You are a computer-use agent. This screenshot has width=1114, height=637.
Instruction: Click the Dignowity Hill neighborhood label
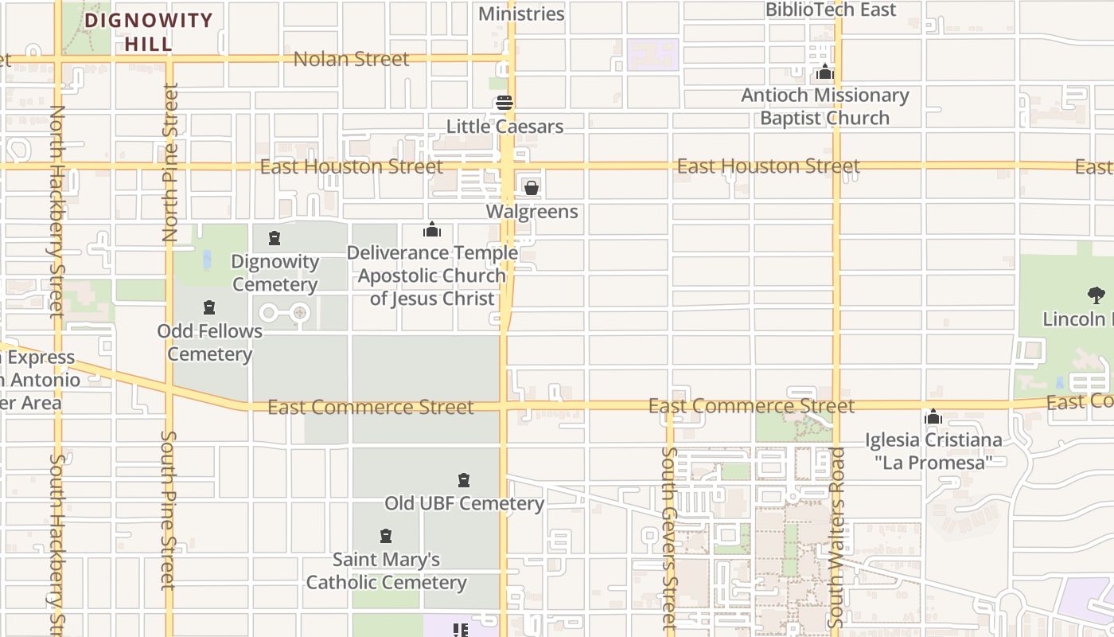pyautogui.click(x=148, y=32)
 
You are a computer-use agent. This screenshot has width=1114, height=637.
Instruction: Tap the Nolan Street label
pyautogui.click(x=351, y=59)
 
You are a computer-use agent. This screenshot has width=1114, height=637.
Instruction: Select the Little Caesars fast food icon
pyautogui.click(x=504, y=103)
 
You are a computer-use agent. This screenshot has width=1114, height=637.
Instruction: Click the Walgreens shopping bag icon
pyautogui.click(x=532, y=188)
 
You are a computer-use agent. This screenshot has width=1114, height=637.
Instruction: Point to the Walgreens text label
pyautogui.click(x=532, y=212)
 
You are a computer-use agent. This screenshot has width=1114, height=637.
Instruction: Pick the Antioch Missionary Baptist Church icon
pyautogui.click(x=825, y=72)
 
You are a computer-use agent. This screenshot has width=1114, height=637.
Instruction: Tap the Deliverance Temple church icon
pyautogui.click(x=432, y=230)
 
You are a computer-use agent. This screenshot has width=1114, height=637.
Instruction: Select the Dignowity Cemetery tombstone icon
pyautogui.click(x=275, y=238)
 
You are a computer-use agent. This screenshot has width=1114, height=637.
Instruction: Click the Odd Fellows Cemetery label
pyautogui.click(x=209, y=342)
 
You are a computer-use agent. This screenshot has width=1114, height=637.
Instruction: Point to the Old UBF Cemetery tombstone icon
pyautogui.click(x=464, y=480)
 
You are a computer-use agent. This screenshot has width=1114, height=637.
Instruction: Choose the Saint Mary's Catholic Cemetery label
pyautogui.click(x=386, y=571)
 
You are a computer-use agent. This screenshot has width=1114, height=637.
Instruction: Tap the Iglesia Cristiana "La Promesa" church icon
pyautogui.click(x=933, y=417)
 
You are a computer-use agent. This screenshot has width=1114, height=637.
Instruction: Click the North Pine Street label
pyautogui.click(x=170, y=162)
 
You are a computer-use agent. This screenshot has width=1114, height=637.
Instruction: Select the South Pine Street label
pyautogui.click(x=168, y=510)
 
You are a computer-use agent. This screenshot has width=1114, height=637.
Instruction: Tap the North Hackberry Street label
pyautogui.click(x=56, y=211)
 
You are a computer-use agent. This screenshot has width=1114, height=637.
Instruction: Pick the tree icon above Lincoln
pyautogui.click(x=1096, y=295)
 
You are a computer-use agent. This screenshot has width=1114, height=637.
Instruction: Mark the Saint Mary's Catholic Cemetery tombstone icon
pyautogui.click(x=386, y=536)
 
